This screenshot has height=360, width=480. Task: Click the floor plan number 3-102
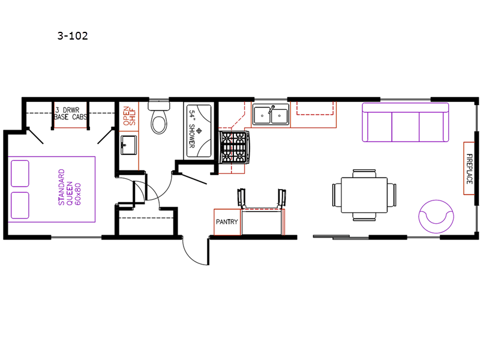pyautogui.click(x=73, y=36)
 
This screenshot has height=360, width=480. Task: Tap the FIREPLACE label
pyautogui.click(x=469, y=169)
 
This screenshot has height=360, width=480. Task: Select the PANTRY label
pyautogui.click(x=227, y=221)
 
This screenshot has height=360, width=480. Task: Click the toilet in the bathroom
pyautogui.click(x=159, y=118)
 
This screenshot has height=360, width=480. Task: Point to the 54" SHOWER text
pyautogui.click(x=192, y=129)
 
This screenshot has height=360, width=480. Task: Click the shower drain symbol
pyautogui.click(x=199, y=131)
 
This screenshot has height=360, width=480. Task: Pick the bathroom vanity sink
pyautogui.click(x=128, y=145)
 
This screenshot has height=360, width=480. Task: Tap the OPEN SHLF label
pyautogui.click(x=129, y=116)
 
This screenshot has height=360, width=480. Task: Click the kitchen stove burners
pyautogui.click(x=234, y=147)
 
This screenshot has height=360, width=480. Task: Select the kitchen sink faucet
pyautogui.click(x=271, y=109)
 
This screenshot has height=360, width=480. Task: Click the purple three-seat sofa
pyautogui.click(x=406, y=122)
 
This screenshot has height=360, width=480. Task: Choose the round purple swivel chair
pyautogui.click(x=436, y=217)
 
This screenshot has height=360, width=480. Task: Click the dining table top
pyautogui.click(x=364, y=195)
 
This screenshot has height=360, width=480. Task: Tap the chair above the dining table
pyautogui.click(x=364, y=173)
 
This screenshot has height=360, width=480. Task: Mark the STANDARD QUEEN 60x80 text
pyautogui.click(x=70, y=187)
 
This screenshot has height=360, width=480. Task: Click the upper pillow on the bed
pyautogui.click(x=20, y=173)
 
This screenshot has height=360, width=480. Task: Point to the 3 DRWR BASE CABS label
pyautogui.click(x=70, y=113)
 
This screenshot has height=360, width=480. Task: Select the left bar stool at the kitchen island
pyautogui.click(x=241, y=198)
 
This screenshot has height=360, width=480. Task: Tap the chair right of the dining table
pyautogui.click(x=392, y=195)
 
